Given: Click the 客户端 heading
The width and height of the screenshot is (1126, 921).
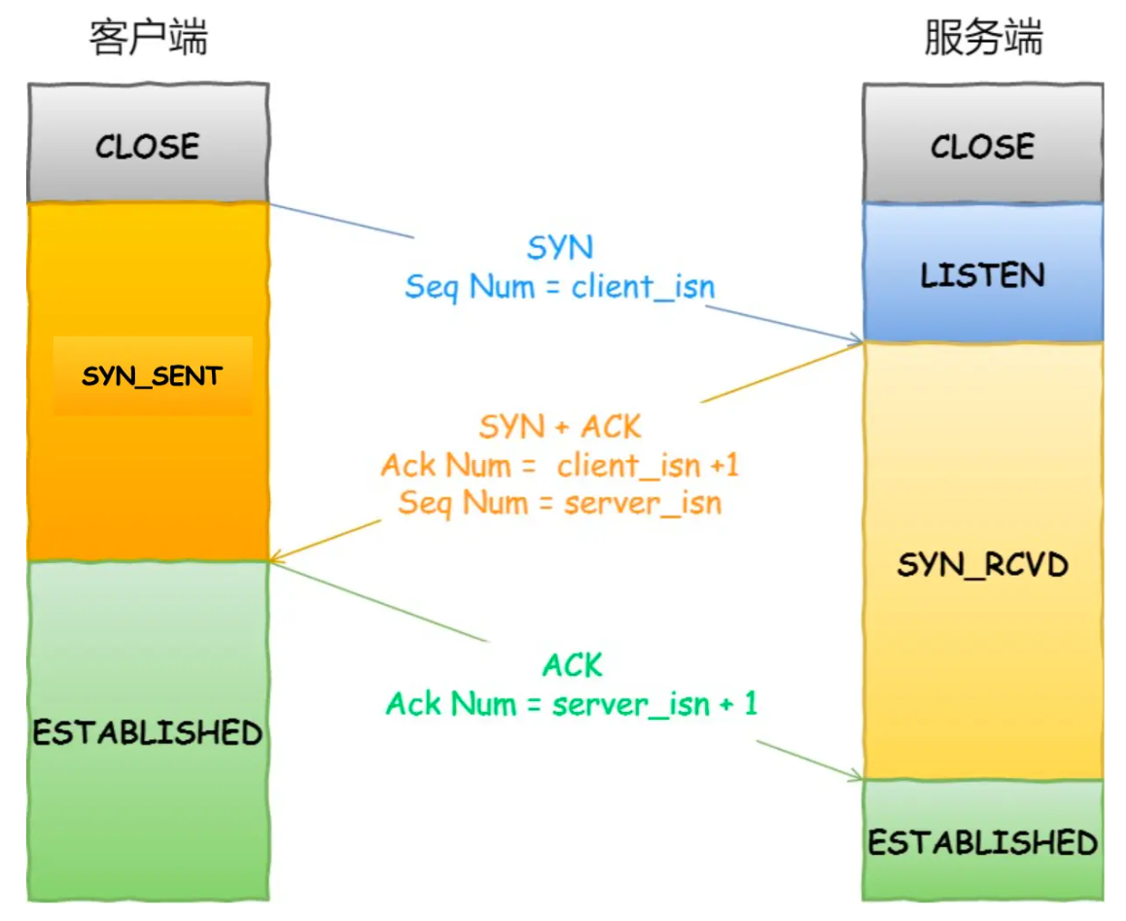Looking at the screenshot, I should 148,39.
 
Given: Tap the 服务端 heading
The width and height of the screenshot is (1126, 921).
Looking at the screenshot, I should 982,39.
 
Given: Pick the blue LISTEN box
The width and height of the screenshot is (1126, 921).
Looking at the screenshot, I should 982,275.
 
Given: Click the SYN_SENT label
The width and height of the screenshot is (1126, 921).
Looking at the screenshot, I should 152,376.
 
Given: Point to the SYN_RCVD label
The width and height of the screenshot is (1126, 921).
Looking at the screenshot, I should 982,564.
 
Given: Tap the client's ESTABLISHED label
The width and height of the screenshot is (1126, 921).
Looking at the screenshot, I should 148,731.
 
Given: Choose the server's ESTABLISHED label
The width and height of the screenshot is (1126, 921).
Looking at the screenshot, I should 982,841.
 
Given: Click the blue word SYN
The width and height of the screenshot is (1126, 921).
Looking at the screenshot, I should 559,248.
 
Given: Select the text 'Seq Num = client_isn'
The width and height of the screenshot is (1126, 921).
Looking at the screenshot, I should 559,287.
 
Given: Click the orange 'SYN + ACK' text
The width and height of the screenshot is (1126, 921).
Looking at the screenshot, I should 560,426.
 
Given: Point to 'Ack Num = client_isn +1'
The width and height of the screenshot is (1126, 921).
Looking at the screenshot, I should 560,465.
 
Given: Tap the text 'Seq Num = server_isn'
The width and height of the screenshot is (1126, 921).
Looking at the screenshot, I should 560,503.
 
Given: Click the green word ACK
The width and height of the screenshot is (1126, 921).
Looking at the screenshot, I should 572,666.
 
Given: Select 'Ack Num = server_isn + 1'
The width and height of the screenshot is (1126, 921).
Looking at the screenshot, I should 572,703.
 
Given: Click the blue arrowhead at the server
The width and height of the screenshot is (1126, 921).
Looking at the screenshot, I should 857,340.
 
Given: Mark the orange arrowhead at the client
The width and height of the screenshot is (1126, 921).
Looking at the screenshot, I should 276,558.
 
